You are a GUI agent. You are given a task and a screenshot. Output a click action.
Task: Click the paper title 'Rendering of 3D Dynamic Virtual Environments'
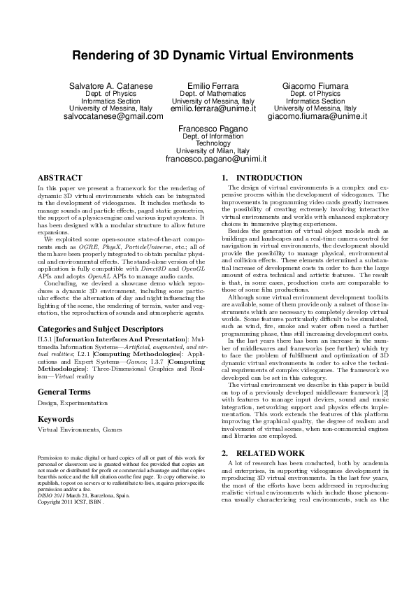click(x=208, y=55)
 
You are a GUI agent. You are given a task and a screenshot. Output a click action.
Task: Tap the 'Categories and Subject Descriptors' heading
click(x=94, y=327)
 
